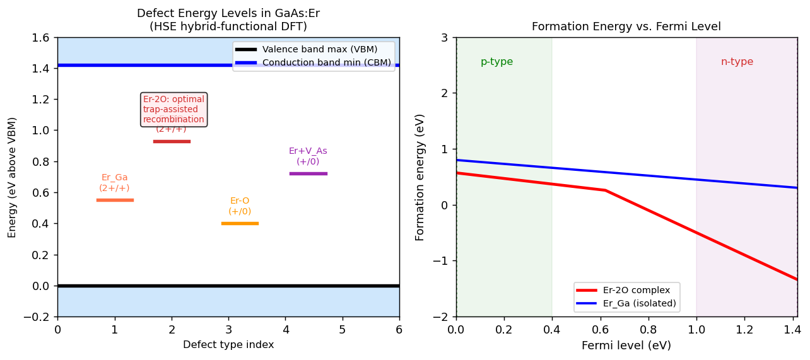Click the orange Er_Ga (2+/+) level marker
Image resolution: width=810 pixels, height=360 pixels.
click(115, 200)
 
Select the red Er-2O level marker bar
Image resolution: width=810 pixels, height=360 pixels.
click(172, 141)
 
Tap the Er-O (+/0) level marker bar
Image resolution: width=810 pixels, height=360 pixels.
click(240, 223)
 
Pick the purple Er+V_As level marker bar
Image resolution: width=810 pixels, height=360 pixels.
click(308, 173)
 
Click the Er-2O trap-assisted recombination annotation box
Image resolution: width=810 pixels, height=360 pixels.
click(173, 109)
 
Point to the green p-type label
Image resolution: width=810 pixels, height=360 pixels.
click(496, 62)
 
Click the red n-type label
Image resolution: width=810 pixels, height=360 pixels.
click(737, 62)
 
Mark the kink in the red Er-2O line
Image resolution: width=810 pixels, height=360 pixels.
click(605, 190)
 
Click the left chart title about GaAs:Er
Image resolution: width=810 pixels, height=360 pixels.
click(228, 20)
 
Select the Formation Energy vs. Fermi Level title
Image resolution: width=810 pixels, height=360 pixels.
click(626, 26)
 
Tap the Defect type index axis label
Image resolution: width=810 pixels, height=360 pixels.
click(228, 344)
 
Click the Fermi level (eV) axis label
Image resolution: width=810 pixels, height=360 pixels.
click(626, 345)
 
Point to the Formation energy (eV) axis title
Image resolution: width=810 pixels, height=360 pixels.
click(420, 177)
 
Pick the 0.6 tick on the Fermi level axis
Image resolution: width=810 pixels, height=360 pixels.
click(601, 329)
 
